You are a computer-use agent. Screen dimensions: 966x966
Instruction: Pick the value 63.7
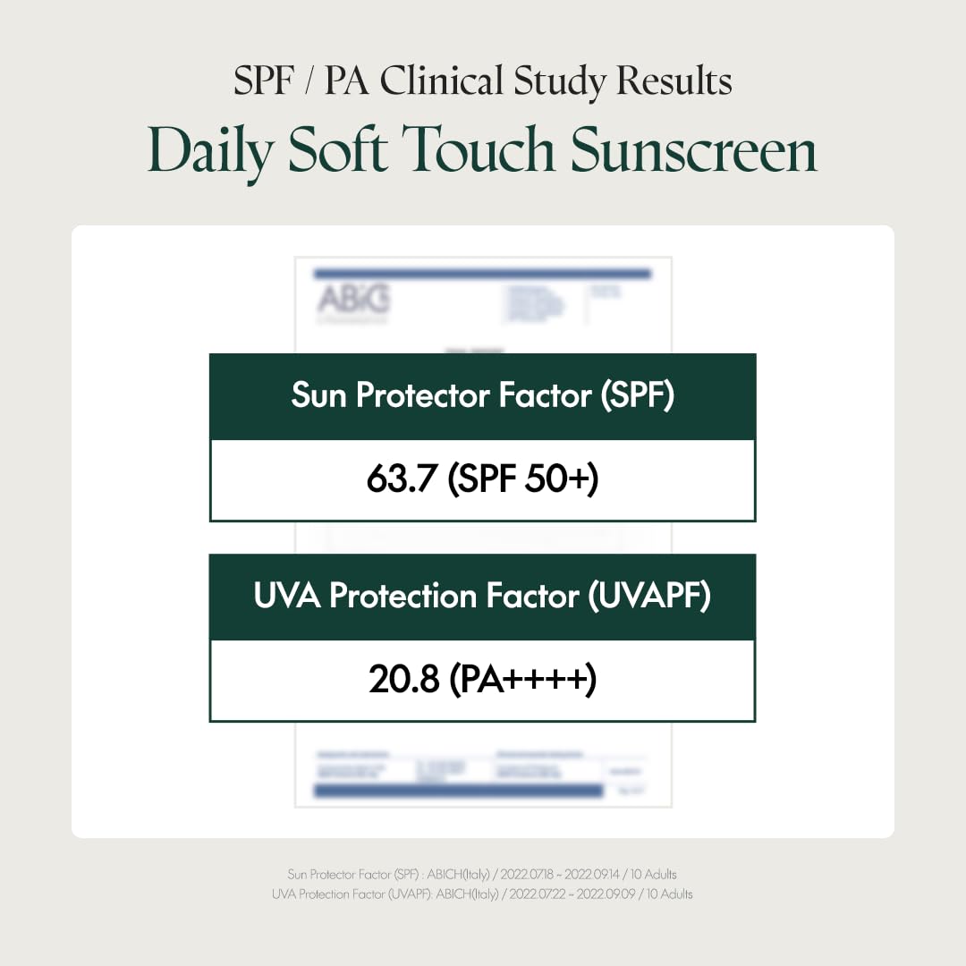(402, 480)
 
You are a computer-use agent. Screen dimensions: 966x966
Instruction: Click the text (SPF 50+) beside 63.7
(523, 480)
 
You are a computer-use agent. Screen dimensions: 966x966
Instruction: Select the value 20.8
(403, 681)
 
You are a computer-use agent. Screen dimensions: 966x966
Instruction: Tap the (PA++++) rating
(523, 681)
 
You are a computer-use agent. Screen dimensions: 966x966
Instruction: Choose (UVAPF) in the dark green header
(649, 596)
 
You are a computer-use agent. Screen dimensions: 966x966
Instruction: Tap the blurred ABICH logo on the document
(353, 300)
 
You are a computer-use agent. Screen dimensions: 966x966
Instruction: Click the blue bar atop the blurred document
(482, 273)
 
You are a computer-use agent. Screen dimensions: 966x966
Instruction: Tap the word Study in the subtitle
(562, 81)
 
